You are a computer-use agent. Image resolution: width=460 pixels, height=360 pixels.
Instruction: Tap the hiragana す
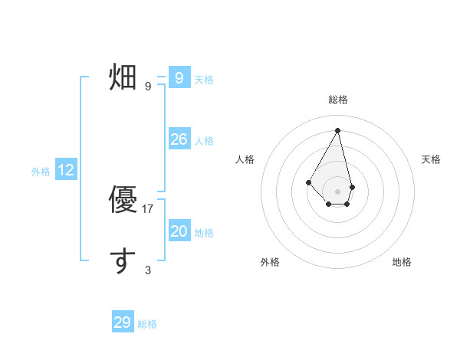tap(123, 260)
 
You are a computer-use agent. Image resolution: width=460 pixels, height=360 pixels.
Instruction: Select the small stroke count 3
tap(148, 270)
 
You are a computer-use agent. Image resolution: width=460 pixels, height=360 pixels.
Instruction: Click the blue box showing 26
tap(179, 139)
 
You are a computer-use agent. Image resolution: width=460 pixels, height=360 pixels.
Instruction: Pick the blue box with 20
tap(179, 231)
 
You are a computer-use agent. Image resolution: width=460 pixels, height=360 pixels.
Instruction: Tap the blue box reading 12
tap(66, 170)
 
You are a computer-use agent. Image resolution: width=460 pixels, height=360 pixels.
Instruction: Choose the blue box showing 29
tap(123, 322)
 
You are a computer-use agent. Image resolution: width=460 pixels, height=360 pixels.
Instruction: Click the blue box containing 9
tap(179, 77)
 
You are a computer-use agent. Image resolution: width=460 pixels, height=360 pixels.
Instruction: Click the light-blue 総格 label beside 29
tap(147, 324)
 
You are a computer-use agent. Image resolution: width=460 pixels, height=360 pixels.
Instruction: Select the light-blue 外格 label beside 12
tap(41, 172)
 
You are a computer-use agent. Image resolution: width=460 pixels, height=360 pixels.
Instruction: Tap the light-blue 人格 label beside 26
tap(204, 141)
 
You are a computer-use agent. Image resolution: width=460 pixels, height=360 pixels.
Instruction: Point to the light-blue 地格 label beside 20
tap(204, 233)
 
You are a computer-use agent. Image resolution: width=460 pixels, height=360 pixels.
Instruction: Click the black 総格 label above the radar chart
tap(338, 100)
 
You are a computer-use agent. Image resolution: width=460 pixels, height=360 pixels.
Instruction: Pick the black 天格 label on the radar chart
tap(432, 159)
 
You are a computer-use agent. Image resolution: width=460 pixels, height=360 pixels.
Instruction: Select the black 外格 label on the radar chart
tap(270, 262)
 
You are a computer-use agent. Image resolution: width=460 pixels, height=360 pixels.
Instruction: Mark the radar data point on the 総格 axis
tap(338, 130)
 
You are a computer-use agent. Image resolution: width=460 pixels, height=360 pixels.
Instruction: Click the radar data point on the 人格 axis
tap(309, 182)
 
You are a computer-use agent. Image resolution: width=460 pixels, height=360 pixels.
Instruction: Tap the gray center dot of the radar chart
tap(338, 191)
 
